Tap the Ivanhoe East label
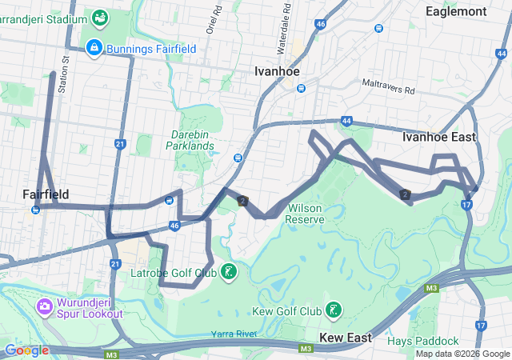point(438,137)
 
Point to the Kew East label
point(346,338)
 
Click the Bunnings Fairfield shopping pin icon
point(94,48)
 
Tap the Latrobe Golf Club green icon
point(230,273)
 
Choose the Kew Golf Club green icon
point(333,310)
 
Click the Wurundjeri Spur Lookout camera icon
point(43,306)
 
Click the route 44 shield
point(346,121)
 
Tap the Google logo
point(26,350)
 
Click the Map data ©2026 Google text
point(462,354)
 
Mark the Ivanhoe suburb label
point(277,71)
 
